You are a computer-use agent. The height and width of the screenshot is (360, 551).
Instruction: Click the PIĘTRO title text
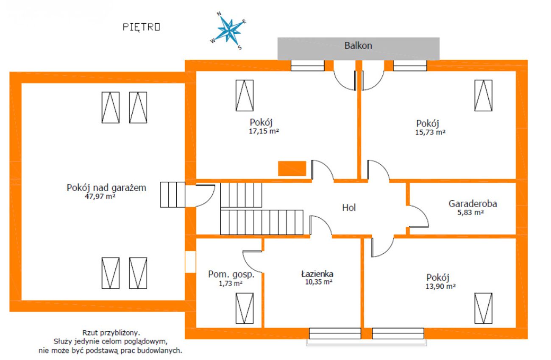[142, 27]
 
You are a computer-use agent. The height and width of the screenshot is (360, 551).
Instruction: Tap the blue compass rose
[229, 31]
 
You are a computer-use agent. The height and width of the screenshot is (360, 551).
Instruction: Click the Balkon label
[358, 46]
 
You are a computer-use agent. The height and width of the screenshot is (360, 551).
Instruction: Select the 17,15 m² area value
[264, 131]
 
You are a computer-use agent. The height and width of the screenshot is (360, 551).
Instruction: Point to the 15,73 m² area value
[430, 133]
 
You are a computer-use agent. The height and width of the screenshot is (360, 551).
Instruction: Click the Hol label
[349, 208]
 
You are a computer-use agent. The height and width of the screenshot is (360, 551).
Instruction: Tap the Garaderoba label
[473, 204]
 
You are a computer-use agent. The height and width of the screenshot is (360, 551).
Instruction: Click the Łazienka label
[317, 274]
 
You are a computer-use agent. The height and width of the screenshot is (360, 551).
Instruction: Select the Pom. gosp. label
[231, 274]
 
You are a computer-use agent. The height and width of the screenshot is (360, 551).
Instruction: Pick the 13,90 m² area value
[440, 287]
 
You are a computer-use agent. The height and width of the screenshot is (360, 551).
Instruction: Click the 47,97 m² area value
[100, 197]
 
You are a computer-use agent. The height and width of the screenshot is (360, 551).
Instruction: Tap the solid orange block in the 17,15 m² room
[292, 169]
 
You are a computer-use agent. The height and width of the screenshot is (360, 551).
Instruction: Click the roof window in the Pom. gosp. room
[245, 308]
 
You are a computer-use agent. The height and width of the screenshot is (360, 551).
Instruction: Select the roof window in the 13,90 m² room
[483, 308]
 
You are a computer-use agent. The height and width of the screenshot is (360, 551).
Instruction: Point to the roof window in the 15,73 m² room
[483, 95]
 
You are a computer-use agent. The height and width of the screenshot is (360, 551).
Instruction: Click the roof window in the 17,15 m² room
[245, 95]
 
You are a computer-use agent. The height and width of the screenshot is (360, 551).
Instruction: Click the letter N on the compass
[219, 14]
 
